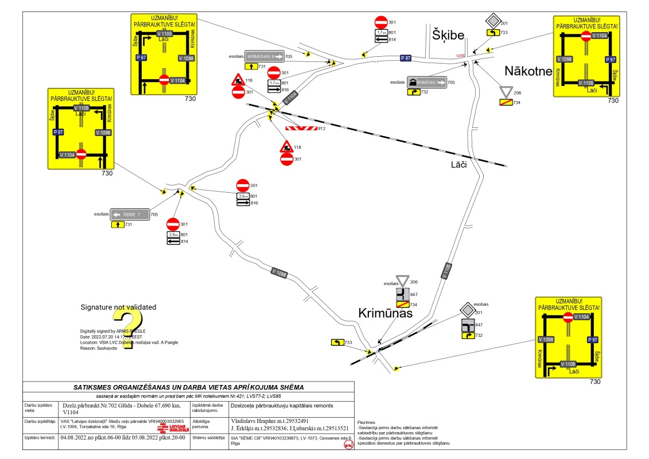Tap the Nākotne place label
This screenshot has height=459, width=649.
(528, 71)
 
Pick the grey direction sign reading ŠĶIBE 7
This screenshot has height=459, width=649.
(130, 214)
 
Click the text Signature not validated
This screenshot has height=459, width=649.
(118, 308)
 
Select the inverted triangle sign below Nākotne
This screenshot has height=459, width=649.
(506, 92)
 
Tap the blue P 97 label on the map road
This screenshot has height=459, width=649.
(406, 58)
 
